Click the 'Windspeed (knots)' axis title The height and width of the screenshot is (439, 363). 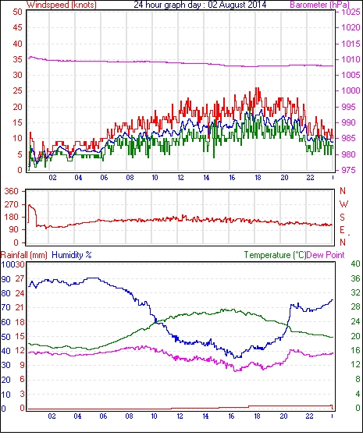pos(62,5)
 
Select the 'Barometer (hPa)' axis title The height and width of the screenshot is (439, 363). pos(319,5)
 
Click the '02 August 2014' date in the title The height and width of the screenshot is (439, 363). pos(237,5)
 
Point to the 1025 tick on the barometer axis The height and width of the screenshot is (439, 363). pos(351,12)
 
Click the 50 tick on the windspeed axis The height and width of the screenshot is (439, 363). pos(17,12)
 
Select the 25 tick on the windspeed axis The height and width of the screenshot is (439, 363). pos(17,91)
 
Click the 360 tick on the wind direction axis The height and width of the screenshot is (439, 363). pos(11,192)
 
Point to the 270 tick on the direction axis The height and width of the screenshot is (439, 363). pos(11,204)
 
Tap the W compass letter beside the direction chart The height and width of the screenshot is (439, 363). pos(343,204)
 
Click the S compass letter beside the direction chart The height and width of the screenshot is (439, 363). pos(342,217)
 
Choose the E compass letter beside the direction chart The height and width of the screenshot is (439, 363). pos(342,230)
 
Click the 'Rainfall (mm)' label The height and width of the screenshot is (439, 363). pos(24,255)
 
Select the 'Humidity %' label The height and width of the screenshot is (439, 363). pos(72,255)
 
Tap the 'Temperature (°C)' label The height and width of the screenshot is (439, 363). pos(275,255)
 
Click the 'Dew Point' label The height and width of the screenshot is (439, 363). pos(326,255)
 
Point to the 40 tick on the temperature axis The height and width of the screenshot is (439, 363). pos(355,264)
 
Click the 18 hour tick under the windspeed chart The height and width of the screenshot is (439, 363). pos(258,178)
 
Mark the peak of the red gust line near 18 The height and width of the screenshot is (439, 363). pos(257,88)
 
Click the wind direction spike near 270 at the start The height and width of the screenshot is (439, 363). pos(30,206)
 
